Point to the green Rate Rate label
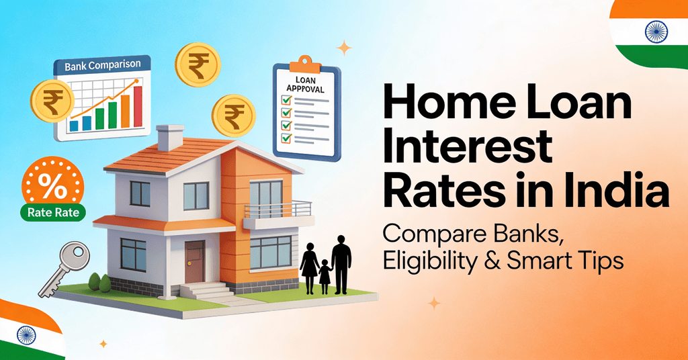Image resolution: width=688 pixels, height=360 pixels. click(x=53, y=214)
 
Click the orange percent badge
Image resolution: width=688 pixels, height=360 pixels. click(x=54, y=187)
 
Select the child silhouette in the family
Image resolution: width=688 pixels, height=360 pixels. click(x=325, y=275)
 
